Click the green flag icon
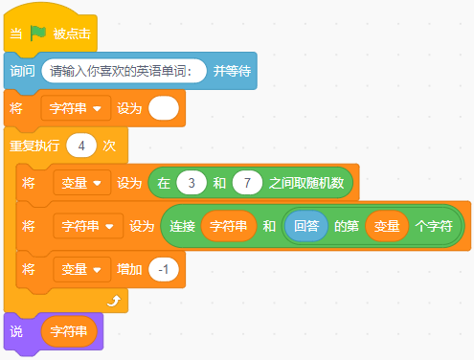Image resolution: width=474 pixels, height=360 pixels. pos(38,34)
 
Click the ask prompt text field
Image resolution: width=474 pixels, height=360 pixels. pos(124,71)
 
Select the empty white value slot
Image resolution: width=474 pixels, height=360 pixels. pos(164,108)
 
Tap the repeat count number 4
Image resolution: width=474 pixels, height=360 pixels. pos(81,146)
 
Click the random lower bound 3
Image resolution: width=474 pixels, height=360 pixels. pos(192,183)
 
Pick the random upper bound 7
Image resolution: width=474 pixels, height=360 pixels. pos(247,183)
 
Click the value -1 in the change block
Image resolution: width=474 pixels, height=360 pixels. pos(164,269)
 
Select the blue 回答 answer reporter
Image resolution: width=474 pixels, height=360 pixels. pos(306,226)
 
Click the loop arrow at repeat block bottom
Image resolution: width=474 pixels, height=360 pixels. pos(114,301)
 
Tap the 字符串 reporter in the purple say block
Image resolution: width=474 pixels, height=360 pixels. pos(69,331)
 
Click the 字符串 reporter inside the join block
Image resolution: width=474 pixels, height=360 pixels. pos(228,226)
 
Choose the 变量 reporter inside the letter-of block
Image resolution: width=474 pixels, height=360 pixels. pos(387,226)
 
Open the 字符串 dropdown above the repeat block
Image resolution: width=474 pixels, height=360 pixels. pos(76,108)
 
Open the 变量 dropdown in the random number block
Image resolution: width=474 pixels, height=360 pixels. pos(82,183)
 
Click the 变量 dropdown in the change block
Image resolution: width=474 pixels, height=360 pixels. pos(82,269)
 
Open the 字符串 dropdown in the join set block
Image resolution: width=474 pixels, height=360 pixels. pos(88,226)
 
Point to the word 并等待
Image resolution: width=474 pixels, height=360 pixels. pos(232,71)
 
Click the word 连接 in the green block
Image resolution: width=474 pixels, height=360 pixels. pos(182,226)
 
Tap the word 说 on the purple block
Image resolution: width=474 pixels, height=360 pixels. pos(16,331)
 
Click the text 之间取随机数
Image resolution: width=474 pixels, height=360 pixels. pos(306,183)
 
